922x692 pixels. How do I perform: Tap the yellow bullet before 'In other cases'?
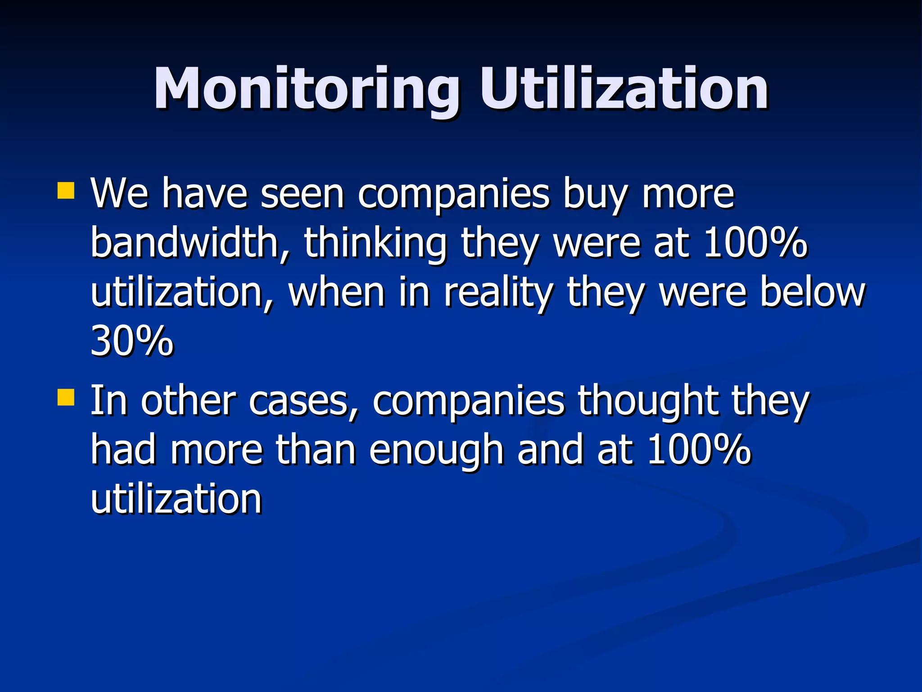tap(66, 398)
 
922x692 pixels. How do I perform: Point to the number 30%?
tap(131, 341)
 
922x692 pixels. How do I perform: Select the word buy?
tap(595, 195)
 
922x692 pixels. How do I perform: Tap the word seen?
tap(302, 194)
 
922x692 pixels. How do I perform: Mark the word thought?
tap(648, 401)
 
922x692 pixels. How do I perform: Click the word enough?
tap(436, 451)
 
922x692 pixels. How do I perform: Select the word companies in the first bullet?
tap(453, 195)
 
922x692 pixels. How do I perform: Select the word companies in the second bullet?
tap(468, 401)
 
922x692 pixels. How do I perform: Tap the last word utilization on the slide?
tap(176, 499)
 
